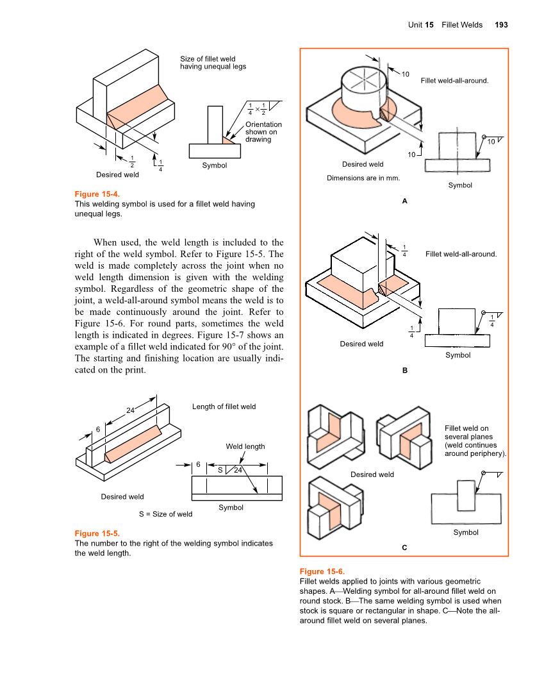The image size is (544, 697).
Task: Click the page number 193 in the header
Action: click(x=501, y=25)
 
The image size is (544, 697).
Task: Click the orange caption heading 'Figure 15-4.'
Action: click(x=97, y=194)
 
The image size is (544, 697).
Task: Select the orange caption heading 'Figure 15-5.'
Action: click(x=97, y=533)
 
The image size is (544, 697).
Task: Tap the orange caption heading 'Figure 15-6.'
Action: click(x=322, y=571)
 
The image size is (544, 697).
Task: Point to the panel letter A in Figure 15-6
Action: click(x=404, y=201)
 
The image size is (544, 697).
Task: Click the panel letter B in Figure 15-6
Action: click(x=404, y=370)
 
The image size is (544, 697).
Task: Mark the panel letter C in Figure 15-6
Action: click(x=404, y=547)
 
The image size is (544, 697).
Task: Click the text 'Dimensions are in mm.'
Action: click(x=363, y=178)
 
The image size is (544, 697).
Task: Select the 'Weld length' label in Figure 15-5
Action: click(x=245, y=446)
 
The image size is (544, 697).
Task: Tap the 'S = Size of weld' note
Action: click(x=165, y=514)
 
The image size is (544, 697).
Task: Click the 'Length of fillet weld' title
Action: click(x=224, y=407)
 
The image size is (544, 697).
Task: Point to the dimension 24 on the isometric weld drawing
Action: click(x=130, y=410)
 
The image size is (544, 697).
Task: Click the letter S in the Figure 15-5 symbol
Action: click(x=220, y=470)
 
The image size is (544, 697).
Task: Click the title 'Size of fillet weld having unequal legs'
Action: click(x=212, y=63)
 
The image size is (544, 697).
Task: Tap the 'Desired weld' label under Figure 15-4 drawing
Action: click(x=117, y=174)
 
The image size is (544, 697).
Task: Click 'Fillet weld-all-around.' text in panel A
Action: click(x=454, y=81)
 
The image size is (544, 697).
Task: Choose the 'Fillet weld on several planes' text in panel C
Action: click(x=475, y=441)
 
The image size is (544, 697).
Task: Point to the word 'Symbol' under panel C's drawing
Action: click(x=466, y=532)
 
